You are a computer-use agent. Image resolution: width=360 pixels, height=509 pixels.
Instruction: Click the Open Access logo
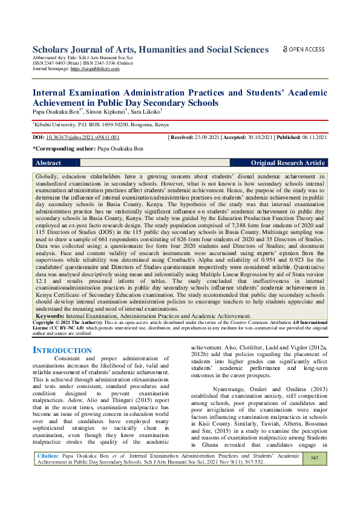click(304, 49)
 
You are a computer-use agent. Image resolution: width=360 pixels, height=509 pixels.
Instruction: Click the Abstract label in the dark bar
click(48, 163)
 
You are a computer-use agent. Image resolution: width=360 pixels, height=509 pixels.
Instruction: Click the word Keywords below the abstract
click(50, 316)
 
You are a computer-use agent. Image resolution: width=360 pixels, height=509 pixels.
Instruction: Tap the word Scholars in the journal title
click(54, 50)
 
